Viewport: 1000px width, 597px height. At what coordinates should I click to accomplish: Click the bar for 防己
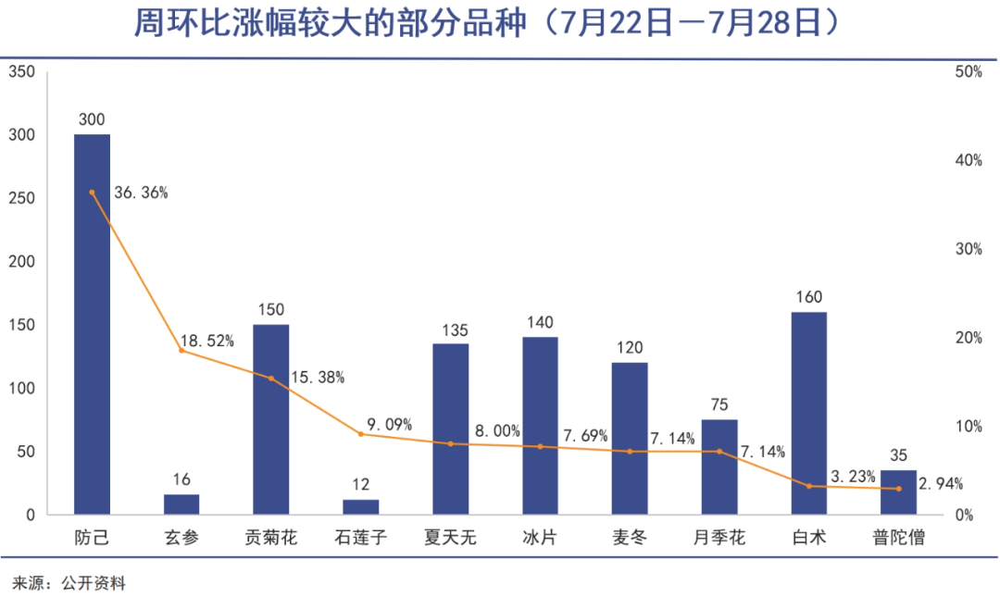coord(92,324)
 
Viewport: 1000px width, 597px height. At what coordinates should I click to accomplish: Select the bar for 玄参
coord(181,504)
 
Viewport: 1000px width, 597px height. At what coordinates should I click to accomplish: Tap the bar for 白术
coord(809,413)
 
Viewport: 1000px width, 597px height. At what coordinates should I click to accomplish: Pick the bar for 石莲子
coord(360,507)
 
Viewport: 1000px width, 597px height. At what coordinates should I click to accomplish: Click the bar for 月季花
coord(719,467)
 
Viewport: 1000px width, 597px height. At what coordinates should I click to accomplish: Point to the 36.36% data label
coord(141,193)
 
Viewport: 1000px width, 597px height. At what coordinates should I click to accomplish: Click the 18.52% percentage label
coord(207,342)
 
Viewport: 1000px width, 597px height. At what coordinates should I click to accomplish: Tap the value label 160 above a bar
coord(808,298)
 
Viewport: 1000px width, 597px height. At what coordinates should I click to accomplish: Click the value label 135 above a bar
coord(450,330)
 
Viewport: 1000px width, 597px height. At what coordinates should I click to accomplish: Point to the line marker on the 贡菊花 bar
coord(271,378)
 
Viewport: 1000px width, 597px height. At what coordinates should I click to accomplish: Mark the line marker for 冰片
coord(540,446)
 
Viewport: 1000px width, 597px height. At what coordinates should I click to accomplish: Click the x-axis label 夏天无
coord(450,538)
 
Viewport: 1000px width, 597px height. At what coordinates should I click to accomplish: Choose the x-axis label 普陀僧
coord(898,538)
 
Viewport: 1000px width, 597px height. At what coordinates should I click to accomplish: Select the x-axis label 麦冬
coord(630,538)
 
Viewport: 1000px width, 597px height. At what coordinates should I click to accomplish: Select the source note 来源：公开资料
coord(69,583)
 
